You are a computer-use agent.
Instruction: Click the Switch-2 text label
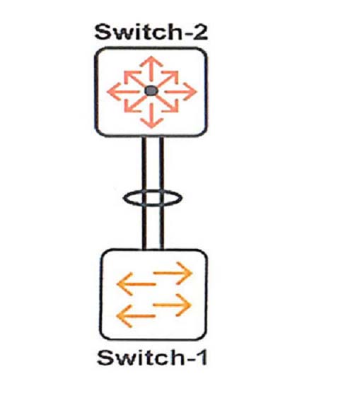pyautogui.click(x=151, y=32)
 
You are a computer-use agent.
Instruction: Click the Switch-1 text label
pyautogui.click(x=152, y=358)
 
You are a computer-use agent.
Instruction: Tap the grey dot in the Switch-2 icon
pyautogui.click(x=151, y=90)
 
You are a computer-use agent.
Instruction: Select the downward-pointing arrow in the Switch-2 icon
pyautogui.click(x=152, y=116)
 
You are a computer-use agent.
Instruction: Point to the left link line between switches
pyautogui.click(x=144, y=193)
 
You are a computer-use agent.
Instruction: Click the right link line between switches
pyautogui.click(x=162, y=193)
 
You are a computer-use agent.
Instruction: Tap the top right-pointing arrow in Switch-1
pyautogui.click(x=173, y=273)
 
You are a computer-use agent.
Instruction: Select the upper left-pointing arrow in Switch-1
pyautogui.click(x=136, y=284)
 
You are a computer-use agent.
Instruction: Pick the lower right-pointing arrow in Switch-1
pyautogui.click(x=172, y=305)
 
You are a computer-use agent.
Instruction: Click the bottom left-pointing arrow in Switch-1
pyautogui.click(x=136, y=316)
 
